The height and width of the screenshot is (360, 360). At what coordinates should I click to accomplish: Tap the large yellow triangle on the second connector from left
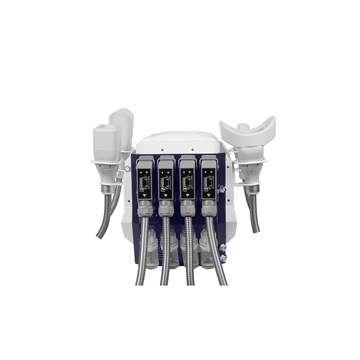[x=166, y=195]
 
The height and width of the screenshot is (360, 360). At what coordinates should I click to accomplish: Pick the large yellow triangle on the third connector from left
[x=187, y=195]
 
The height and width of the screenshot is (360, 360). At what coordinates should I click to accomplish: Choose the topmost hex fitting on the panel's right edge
[x=220, y=189]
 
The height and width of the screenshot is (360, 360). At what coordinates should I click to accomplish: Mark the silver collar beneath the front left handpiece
[x=107, y=189]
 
